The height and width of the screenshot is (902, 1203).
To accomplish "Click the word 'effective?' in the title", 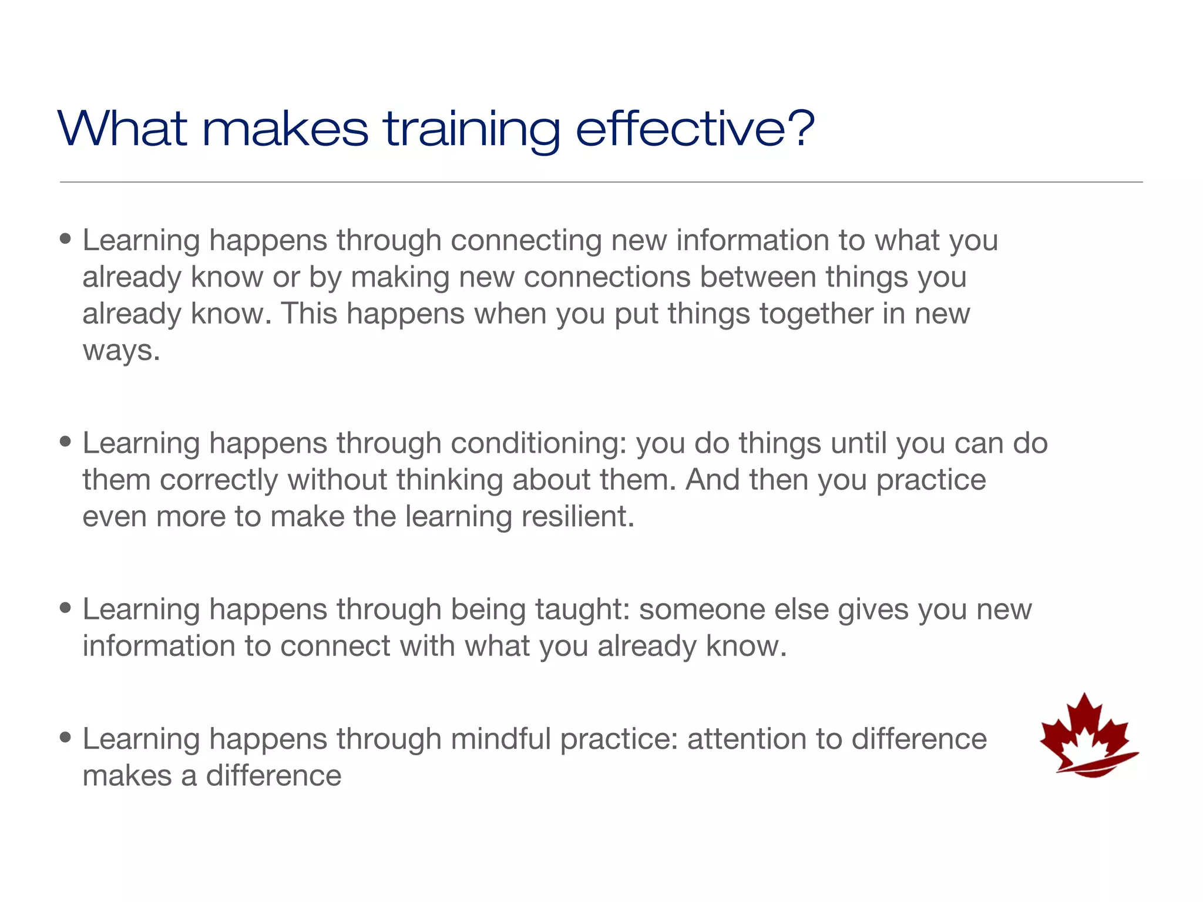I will tap(694, 129).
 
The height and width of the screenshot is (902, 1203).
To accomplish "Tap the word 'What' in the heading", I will tap(123, 129).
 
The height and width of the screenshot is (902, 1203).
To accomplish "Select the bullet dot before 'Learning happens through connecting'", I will tap(66, 240).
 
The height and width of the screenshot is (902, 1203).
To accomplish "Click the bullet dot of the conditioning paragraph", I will tap(66, 442).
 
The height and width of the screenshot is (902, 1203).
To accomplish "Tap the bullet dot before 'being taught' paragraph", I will tap(66, 608).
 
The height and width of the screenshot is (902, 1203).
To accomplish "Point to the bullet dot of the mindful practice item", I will tap(66, 738).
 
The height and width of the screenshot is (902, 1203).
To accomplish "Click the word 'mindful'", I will tap(500, 739).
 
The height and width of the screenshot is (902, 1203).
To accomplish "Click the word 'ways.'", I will tap(121, 351).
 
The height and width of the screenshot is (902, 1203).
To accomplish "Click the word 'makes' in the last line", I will tap(126, 776).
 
